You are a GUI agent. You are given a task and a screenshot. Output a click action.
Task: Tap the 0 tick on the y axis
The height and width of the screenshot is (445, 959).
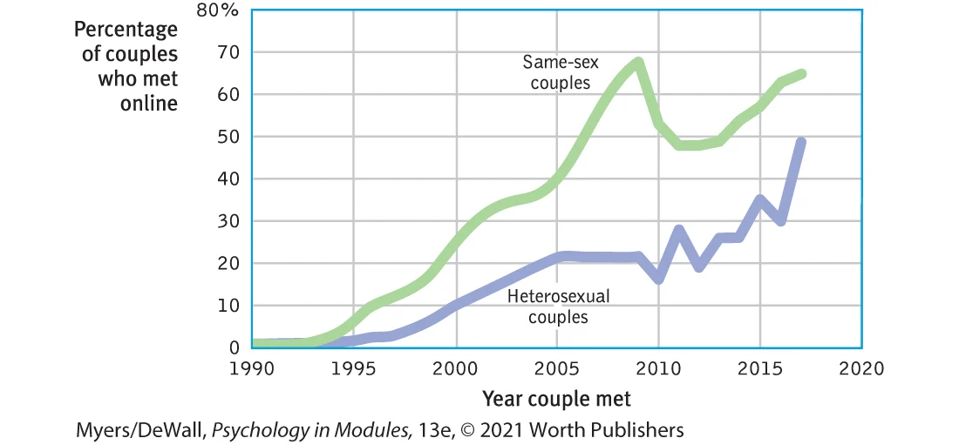pyautogui.click(x=235, y=347)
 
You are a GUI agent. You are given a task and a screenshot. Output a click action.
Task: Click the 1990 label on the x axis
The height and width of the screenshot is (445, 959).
pyautogui.click(x=251, y=368)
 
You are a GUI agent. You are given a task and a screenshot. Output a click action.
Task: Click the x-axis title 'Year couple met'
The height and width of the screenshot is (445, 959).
pyautogui.click(x=556, y=399)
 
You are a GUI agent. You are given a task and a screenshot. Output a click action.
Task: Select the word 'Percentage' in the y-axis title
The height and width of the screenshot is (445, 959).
pyautogui.click(x=126, y=30)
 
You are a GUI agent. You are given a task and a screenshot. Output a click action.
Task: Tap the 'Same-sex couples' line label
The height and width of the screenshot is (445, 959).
pyautogui.click(x=557, y=73)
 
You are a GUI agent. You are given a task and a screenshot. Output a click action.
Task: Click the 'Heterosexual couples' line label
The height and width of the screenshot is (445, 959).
pyautogui.click(x=558, y=307)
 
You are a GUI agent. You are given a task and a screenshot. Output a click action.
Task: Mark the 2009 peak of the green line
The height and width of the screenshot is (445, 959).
pyautogui.click(x=639, y=63)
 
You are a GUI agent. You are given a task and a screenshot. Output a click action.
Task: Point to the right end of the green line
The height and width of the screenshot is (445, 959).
pyautogui.click(x=801, y=73)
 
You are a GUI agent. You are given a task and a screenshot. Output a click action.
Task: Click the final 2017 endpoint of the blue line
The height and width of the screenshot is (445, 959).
pyautogui.click(x=801, y=142)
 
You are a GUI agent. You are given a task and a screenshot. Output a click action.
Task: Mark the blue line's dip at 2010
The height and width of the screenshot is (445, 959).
pyautogui.click(x=659, y=280)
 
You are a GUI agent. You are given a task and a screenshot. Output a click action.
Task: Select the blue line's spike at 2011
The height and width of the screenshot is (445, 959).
pyautogui.click(x=679, y=230)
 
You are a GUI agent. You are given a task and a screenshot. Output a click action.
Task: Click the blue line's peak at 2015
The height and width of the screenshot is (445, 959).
pyautogui.click(x=760, y=200)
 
